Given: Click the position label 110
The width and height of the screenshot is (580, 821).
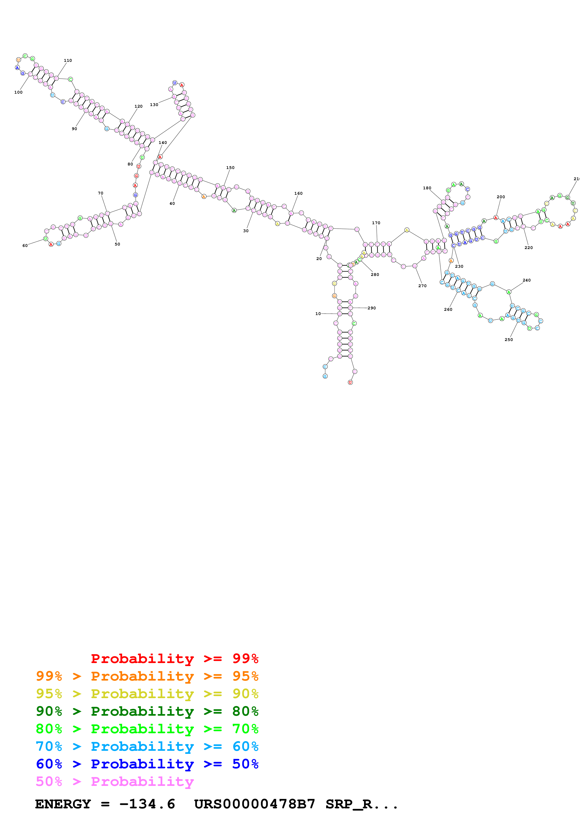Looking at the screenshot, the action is pos(68,60).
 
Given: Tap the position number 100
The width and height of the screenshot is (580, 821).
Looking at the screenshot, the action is pos(18,92).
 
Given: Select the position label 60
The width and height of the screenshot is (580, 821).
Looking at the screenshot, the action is pos(25,246).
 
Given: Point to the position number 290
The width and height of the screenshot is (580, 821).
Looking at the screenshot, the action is pos(372,308).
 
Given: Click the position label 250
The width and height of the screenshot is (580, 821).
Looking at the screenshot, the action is pos(509,340).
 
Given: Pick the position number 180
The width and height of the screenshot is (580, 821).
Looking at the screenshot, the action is pos(427,188).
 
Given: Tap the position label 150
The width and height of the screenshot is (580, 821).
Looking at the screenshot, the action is pos(230,168).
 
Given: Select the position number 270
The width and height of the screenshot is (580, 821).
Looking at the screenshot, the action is pos(422,286).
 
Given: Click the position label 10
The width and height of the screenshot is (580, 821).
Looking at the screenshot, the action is pos(318,314).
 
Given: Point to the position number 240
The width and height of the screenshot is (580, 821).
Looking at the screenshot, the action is pos(526,280).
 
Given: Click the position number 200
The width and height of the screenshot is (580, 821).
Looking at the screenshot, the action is pos(501,197).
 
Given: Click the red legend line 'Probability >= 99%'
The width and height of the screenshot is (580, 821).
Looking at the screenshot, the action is pos(174,659).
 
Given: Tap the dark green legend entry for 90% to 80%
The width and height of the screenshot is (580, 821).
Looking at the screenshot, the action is pos(147,711).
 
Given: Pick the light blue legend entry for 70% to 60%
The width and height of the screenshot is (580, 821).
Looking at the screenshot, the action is pos(147,746).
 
